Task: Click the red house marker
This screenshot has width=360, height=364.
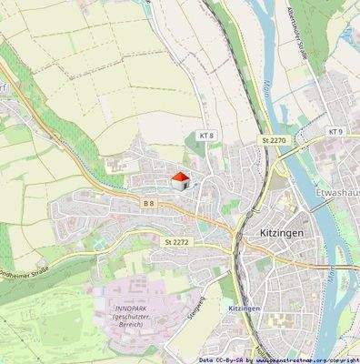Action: click(x=180, y=179)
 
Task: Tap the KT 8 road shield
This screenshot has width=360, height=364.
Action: click(x=206, y=136)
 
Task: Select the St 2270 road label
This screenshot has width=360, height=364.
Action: click(x=274, y=140)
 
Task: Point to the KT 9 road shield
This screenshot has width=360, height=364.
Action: click(x=335, y=132)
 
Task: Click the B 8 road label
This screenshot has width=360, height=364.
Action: click(x=148, y=203)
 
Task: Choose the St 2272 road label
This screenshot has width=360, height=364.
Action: click(x=177, y=242)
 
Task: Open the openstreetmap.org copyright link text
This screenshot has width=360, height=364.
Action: click(x=301, y=359)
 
